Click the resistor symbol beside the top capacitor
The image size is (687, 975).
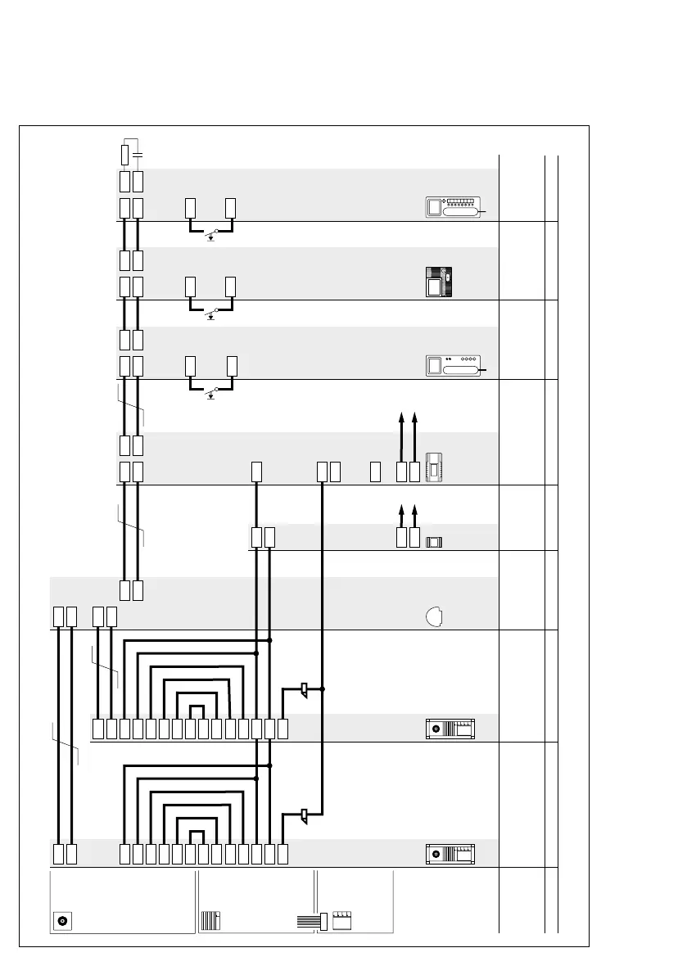click(x=124, y=155)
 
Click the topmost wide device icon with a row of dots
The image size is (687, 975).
click(x=451, y=208)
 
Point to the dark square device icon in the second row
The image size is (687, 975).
click(x=439, y=282)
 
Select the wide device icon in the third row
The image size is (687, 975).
click(x=451, y=366)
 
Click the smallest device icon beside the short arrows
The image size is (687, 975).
click(x=434, y=541)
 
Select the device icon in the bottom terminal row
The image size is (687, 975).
click(x=450, y=855)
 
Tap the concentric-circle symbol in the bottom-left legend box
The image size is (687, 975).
click(x=62, y=920)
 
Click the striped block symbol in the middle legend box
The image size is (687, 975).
click(x=211, y=919)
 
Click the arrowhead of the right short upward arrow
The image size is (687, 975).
click(x=416, y=509)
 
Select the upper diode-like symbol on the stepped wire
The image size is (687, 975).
click(x=303, y=689)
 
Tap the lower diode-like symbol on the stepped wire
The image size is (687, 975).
click(x=303, y=815)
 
